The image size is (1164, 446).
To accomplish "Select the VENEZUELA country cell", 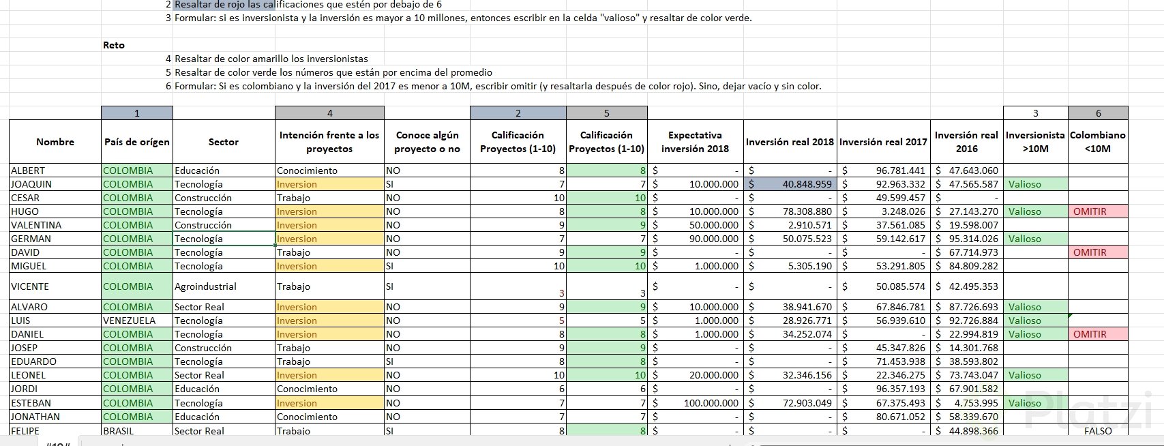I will pyautogui.click(x=130, y=321).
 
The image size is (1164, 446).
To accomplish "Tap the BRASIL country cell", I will pyautogui.click(x=119, y=431).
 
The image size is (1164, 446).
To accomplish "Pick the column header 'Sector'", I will pyautogui.click(x=224, y=142).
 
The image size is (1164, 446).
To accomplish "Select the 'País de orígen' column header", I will pyautogui.click(x=137, y=142).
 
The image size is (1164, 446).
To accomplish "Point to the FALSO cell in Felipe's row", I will pyautogui.click(x=1097, y=431).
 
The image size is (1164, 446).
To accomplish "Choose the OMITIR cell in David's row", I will pyautogui.click(x=1090, y=252).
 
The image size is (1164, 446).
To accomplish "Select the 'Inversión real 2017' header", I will pyautogui.click(x=883, y=142).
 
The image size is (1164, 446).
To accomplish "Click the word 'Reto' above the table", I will pyautogui.click(x=114, y=45).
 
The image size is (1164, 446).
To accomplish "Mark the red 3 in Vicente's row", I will pyautogui.click(x=561, y=293).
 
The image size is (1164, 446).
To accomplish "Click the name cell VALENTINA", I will pyautogui.click(x=36, y=225).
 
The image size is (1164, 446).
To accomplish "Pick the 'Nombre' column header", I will pyautogui.click(x=55, y=142).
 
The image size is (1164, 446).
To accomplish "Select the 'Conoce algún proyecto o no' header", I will pyautogui.click(x=427, y=142).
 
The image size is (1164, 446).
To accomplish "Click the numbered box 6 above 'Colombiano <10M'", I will pyautogui.click(x=1098, y=113).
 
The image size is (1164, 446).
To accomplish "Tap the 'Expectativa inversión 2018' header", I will pyautogui.click(x=695, y=142).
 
